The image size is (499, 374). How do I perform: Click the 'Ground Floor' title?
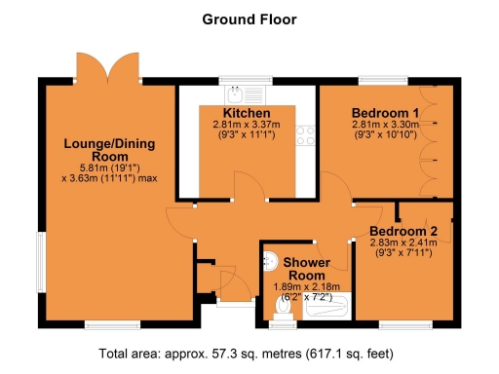tap(249, 19)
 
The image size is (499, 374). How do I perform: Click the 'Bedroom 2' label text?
tap(403, 231)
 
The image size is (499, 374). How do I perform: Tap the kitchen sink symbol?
tap(234, 94)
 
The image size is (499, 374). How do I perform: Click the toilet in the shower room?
tap(283, 308)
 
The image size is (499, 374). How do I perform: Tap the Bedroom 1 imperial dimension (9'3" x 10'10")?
tap(378, 134)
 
